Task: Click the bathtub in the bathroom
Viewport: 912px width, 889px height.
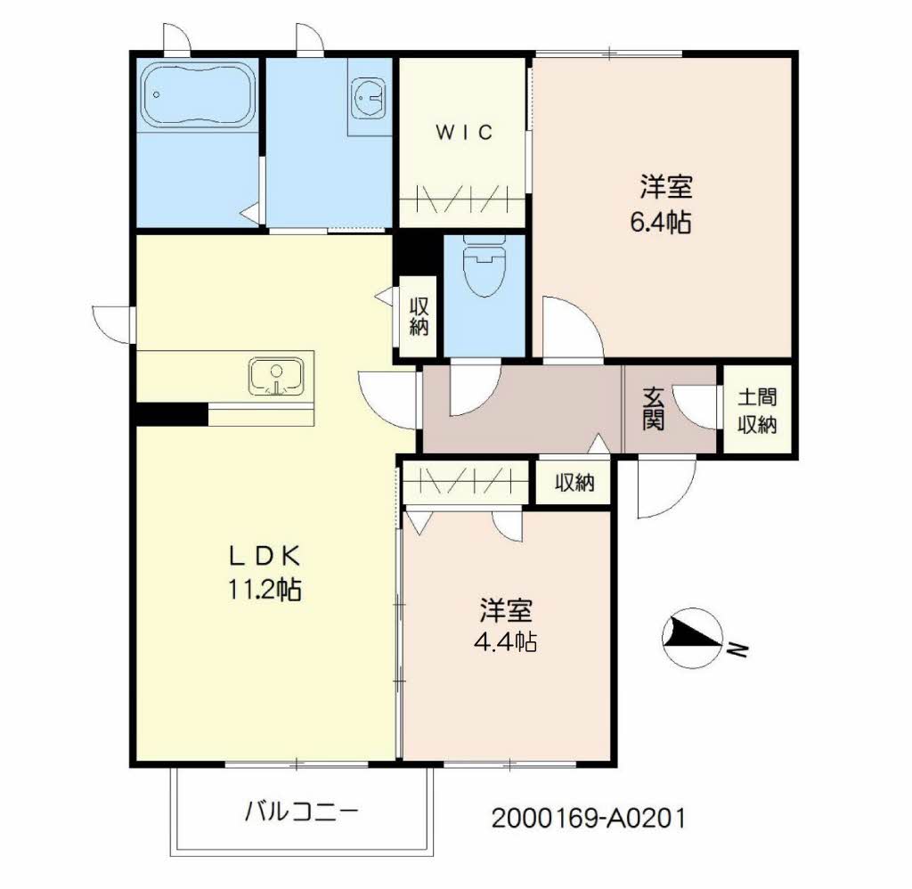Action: click(198, 95)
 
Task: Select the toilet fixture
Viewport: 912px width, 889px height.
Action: click(484, 265)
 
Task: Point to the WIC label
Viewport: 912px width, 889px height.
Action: click(464, 133)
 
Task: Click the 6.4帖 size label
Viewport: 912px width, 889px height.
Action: click(661, 222)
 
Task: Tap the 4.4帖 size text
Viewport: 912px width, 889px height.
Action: click(506, 641)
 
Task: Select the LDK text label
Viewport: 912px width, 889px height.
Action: click(265, 557)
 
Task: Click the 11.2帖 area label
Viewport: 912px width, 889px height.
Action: click(265, 590)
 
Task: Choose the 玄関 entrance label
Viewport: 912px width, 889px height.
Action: click(653, 409)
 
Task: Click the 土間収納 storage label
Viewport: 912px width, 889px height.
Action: click(757, 412)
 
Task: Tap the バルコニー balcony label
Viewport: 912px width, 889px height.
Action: click(301, 811)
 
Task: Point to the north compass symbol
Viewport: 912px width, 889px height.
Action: click(693, 638)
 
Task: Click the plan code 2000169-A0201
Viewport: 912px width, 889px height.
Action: click(588, 818)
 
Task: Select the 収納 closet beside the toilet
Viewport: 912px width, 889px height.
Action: click(419, 316)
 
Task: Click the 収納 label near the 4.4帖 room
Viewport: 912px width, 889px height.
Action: click(574, 482)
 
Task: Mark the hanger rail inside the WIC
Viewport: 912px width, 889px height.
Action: click(462, 199)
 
